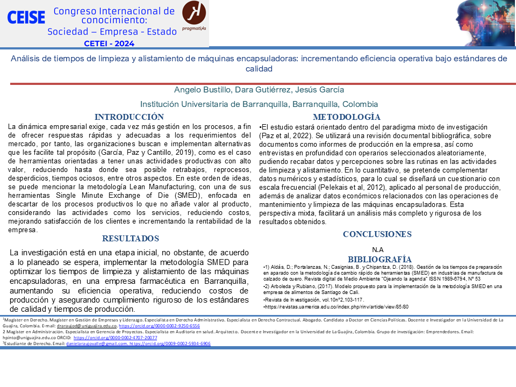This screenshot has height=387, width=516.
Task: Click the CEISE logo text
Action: coord(26,18)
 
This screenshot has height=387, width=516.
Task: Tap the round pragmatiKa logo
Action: coord(193,14)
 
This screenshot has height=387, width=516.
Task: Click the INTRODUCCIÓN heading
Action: coord(129,117)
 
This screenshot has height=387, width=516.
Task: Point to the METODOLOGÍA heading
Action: coord(347,117)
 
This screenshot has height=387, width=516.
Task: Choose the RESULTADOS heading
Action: coord(130,239)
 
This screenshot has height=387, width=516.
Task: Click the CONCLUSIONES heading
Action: coord(377,234)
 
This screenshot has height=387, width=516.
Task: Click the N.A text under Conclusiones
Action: coord(377,249)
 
